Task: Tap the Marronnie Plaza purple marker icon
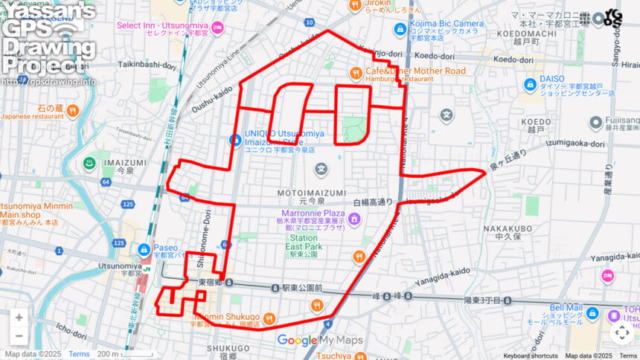click(354, 219)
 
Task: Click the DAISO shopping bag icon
click(529, 83)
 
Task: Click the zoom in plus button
click(19, 318)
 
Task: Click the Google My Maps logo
click(319, 340)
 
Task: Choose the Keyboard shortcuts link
click(530, 356)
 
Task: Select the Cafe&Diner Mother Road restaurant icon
click(356, 72)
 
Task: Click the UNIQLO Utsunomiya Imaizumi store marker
click(234, 139)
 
